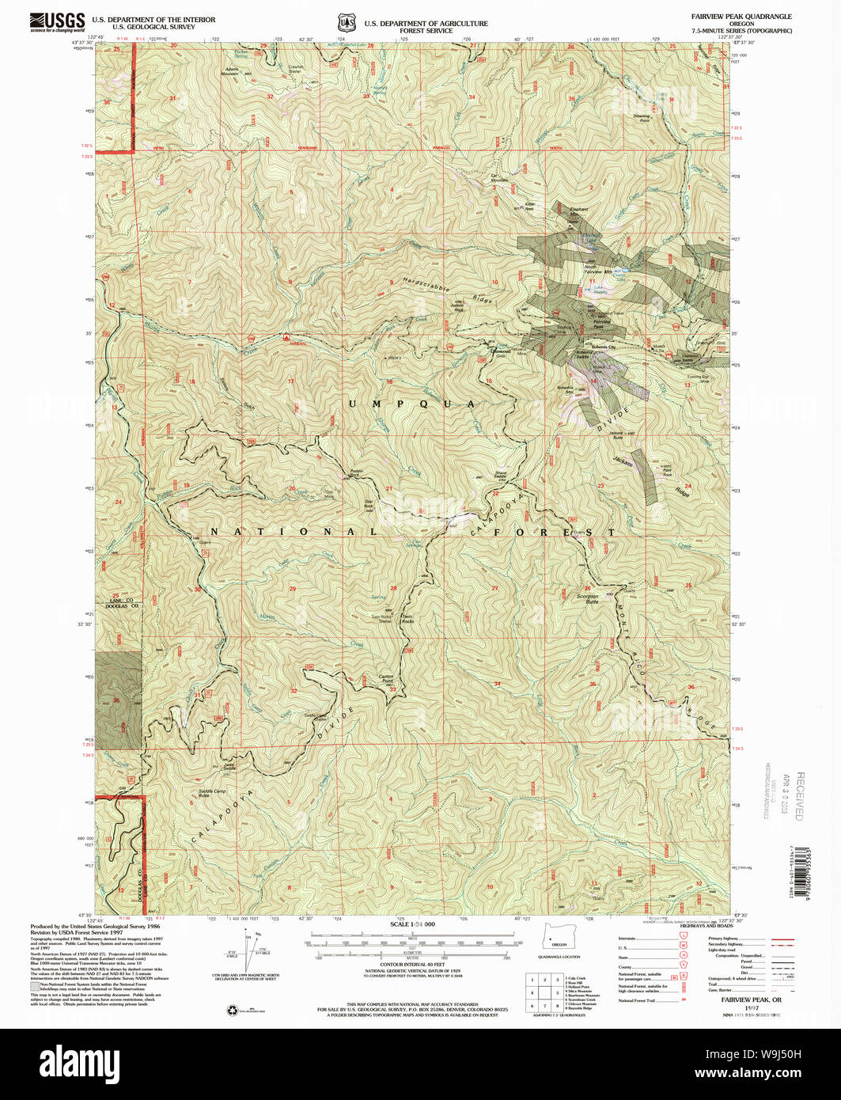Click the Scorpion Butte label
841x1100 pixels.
tap(587, 599)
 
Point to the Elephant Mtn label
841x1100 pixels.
tap(579, 211)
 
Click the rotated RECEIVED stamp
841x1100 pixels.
tap(799, 795)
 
